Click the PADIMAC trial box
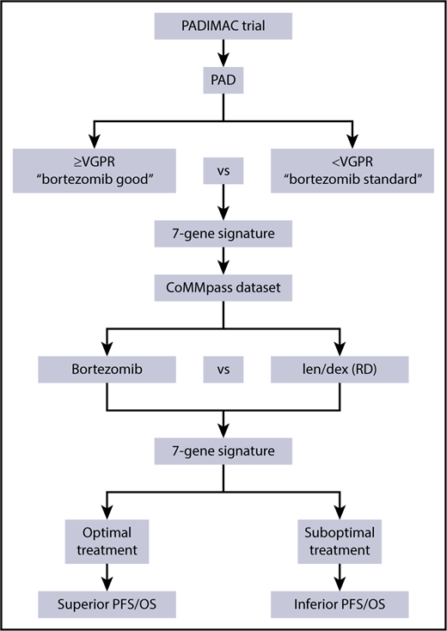223,27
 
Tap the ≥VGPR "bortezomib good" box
94,171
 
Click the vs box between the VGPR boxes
223,171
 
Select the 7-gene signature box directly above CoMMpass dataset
223,233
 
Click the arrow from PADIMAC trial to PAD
223,58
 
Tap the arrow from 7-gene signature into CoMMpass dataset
223,259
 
